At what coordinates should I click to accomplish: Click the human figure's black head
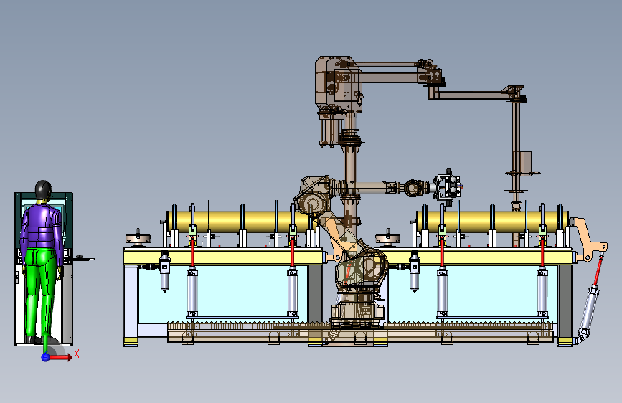point(43,191)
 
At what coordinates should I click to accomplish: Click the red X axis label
point(77,354)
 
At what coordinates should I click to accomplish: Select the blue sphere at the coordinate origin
point(46,357)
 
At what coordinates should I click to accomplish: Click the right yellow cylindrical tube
point(492,222)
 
